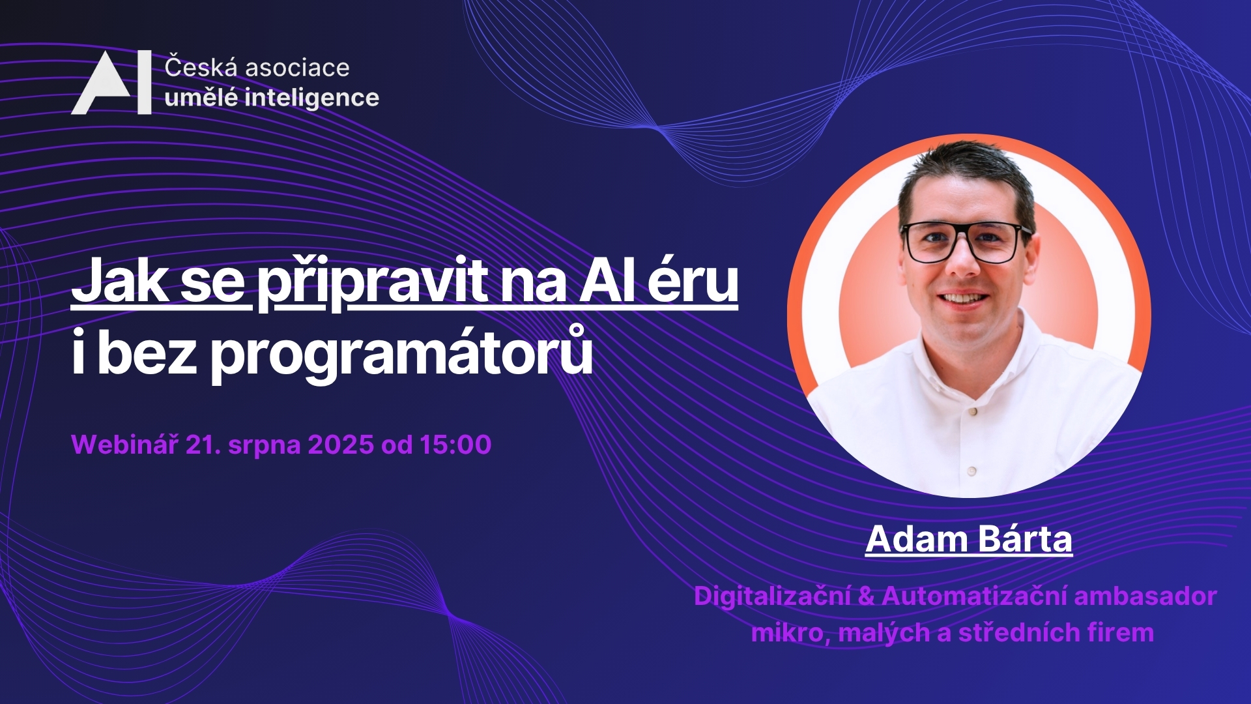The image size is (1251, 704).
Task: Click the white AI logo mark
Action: tap(111, 83)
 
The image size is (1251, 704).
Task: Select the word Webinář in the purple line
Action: tap(124, 445)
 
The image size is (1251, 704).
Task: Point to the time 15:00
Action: tap(455, 445)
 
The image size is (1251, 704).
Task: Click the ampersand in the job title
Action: tap(867, 596)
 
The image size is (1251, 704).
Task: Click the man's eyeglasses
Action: tap(965, 242)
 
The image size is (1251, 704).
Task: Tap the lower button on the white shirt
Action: tap(971, 470)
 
